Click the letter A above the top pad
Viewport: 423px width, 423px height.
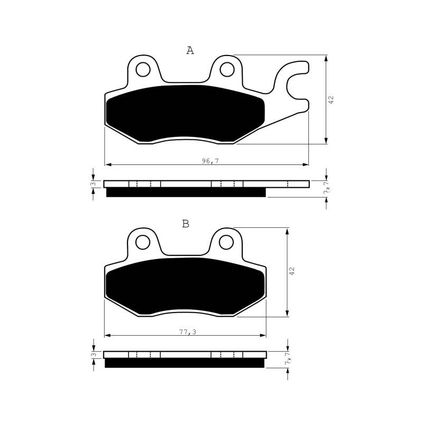pos(190,50)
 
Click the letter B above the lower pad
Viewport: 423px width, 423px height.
pos(186,224)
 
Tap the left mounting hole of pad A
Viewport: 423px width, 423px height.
pos(143,70)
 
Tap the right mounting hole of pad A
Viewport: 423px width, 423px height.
pos(227,70)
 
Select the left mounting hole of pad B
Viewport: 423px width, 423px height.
pos(143,242)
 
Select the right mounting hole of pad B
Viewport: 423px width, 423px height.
pos(226,242)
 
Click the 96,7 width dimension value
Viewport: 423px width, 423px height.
pos(210,161)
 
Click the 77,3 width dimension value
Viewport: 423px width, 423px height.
pos(188,332)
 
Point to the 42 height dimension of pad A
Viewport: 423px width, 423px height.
pos(331,99)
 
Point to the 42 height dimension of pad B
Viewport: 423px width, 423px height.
pos(292,271)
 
